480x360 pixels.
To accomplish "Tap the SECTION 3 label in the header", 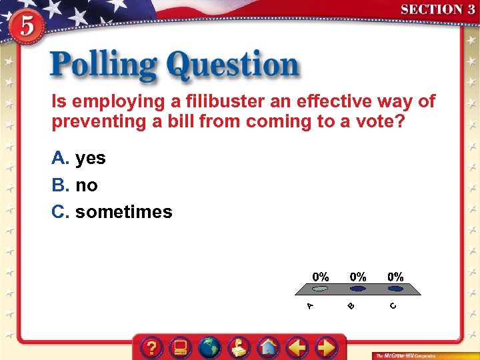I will [437, 9].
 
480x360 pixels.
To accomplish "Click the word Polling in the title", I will [103, 66].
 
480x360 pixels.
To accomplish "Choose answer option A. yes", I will [79, 158].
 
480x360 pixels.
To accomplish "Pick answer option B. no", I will [75, 185].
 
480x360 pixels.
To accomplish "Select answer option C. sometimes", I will [112, 212].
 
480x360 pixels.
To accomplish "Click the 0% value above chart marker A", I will [321, 276].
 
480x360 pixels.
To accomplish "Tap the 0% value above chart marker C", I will [395, 276].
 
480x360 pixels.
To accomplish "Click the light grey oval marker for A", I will [321, 289].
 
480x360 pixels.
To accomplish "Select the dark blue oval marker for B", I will [358, 289].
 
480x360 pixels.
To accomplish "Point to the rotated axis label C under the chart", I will [393, 306].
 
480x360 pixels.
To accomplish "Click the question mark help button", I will [153, 347].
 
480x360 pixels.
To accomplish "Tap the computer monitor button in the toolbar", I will [181, 347].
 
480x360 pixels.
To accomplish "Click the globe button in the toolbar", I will [209, 347].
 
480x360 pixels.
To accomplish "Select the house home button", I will [268, 347].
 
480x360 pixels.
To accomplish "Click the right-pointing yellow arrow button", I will [325, 347].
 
